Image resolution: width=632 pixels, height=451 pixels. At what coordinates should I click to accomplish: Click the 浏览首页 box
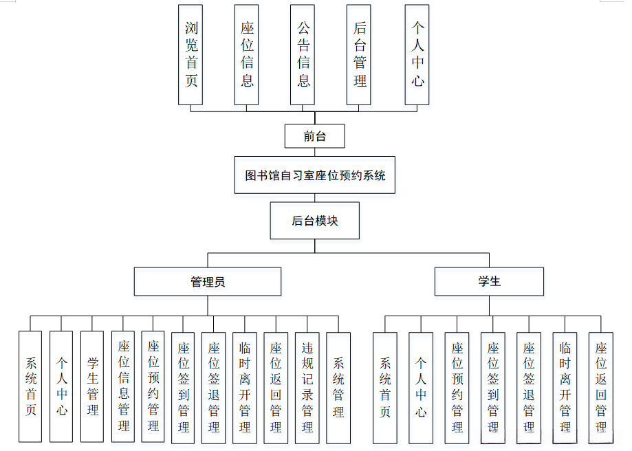tap(190, 55)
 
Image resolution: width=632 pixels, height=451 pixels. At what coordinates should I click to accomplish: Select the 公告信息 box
tap(303, 55)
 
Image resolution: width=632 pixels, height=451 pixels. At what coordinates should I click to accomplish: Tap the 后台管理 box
tap(360, 55)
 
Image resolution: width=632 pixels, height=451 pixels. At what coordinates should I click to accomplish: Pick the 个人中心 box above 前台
tap(417, 55)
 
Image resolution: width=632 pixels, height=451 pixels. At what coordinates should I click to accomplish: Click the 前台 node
tap(315, 136)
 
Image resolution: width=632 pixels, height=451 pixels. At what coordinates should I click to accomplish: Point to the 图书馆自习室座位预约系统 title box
tap(315, 175)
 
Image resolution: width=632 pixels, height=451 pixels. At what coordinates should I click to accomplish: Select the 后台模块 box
tap(315, 221)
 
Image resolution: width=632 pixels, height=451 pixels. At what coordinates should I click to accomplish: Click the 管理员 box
tap(208, 282)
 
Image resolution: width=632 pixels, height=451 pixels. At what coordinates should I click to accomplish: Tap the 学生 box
tap(489, 282)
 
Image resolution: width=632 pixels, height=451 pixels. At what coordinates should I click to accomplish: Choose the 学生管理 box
tap(92, 386)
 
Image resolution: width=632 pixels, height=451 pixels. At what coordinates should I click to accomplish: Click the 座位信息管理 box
tap(123, 386)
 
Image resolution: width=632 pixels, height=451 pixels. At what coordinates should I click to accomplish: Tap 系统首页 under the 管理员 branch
tap(30, 386)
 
